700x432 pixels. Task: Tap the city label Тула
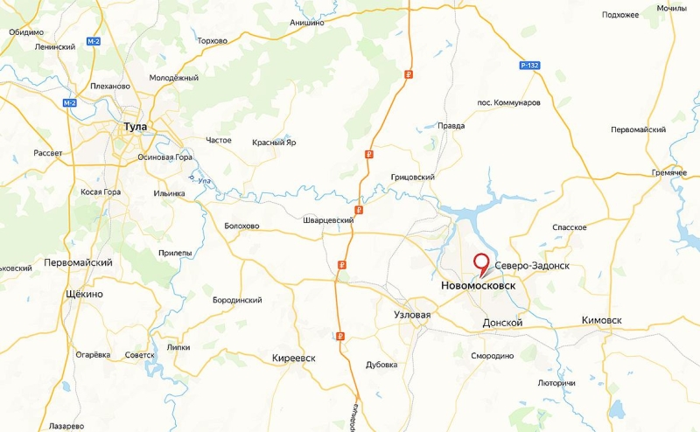click(135, 127)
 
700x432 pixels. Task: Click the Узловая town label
click(412, 312)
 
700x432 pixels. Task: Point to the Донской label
click(502, 323)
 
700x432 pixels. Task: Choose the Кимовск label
click(601, 321)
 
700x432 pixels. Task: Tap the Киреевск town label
click(293, 359)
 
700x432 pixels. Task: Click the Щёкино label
click(84, 294)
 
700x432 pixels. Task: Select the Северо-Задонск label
click(532, 264)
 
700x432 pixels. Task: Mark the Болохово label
click(241, 226)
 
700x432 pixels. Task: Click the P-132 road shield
click(528, 66)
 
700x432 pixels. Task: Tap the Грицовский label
click(413, 177)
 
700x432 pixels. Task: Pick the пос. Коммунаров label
click(508, 102)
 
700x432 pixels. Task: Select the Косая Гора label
click(99, 192)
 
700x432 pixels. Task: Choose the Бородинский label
click(237, 300)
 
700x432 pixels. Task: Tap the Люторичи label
click(556, 383)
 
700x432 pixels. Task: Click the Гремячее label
click(669, 172)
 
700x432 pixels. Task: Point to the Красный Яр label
click(274, 143)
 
